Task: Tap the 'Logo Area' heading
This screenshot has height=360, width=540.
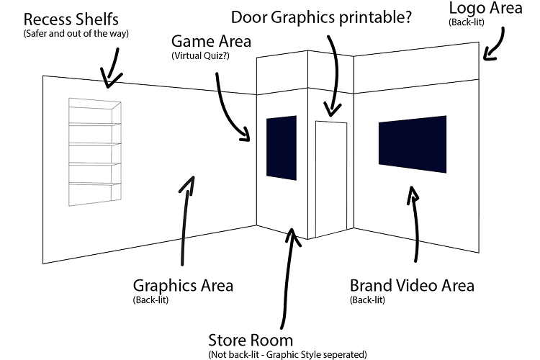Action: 485,9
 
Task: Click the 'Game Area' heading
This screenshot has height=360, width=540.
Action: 212,41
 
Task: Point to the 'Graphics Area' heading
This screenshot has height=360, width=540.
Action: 183,285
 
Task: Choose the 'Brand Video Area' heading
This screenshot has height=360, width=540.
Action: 412,285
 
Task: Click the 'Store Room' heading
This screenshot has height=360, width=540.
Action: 251,339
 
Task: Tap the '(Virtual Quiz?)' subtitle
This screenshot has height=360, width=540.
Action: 200,55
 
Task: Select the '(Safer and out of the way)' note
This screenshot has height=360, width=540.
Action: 76,33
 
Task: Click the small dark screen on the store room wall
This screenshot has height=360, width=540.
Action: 282,148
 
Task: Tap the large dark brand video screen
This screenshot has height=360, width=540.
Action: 413,144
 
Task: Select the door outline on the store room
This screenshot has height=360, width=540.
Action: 331,180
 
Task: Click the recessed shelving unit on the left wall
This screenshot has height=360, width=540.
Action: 94,151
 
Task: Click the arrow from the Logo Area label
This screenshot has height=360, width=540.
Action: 493,48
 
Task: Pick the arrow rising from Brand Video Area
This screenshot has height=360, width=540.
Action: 414,223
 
